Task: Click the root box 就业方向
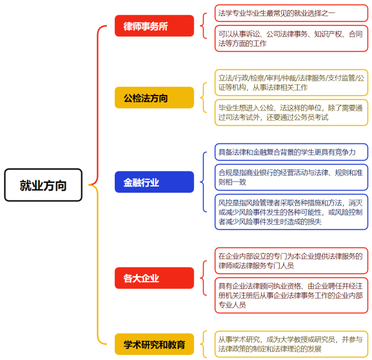43,185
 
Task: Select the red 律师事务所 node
154,25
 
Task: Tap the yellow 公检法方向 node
154,97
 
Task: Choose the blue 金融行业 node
154,182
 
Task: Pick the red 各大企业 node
154,278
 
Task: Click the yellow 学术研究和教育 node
154,344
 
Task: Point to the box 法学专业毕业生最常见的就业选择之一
291,13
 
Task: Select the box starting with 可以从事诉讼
291,38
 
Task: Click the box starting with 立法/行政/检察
291,82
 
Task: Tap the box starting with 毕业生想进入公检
291,112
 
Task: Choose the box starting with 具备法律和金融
291,152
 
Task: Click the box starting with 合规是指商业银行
291,177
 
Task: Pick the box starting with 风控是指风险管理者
291,212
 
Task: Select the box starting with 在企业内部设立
291,260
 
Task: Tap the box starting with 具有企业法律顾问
291,295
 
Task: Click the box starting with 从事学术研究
291,344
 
